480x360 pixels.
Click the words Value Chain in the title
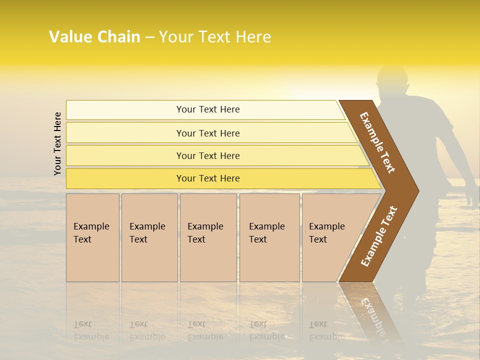point(94,37)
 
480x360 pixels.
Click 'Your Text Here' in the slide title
point(215,37)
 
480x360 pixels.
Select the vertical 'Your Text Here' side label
point(57,143)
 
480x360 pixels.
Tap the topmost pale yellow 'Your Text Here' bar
point(208,109)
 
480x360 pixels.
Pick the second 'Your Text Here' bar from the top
point(208,133)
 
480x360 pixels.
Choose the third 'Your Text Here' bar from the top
point(208,155)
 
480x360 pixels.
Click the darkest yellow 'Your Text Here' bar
point(208,178)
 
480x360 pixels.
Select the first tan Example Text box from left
point(92,237)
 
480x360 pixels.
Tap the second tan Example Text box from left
point(149,237)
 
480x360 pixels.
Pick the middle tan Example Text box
point(208,237)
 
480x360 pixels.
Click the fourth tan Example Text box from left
point(269,237)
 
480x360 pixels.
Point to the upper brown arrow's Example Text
point(377,142)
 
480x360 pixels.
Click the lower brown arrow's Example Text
point(378,236)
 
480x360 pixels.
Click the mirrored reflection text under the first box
point(91,330)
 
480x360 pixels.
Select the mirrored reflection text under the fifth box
point(326,330)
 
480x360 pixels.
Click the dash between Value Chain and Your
point(149,37)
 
